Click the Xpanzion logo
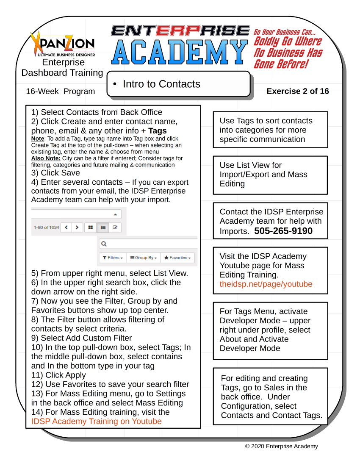coord(63,44)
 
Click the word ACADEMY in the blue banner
coord(180,53)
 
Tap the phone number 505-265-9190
coord(283,231)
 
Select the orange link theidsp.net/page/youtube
coord(266,284)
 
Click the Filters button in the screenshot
coord(113,258)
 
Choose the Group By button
coord(143,258)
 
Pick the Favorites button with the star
coord(177,258)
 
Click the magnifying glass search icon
coord(104,244)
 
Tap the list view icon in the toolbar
coord(103,227)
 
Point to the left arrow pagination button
coord(66,227)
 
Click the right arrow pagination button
coord(77,227)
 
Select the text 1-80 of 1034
coord(46,227)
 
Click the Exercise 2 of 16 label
coord(297,91)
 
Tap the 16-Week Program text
coord(60,91)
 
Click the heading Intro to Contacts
coord(161,84)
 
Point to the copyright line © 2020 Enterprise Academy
coord(282,446)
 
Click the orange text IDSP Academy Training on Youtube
coord(97,421)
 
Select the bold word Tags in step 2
coord(157,130)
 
